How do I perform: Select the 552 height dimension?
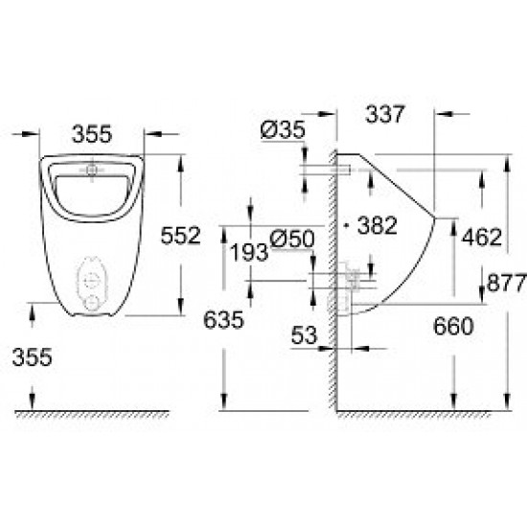click(x=179, y=234)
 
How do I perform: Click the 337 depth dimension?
click(x=386, y=115)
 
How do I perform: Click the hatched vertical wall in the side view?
click(x=330, y=287)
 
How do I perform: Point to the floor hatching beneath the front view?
click(x=91, y=415)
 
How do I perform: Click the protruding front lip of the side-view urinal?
click(x=436, y=218)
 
